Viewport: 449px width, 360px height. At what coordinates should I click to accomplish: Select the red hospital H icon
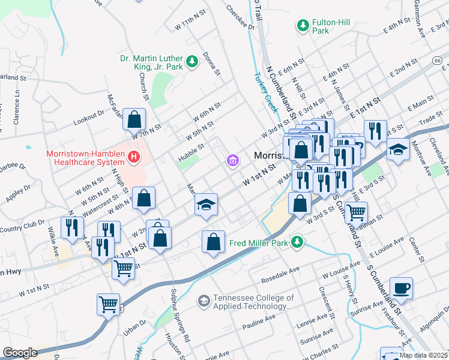[134, 158]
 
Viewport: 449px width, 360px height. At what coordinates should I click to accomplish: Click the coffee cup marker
[401, 288]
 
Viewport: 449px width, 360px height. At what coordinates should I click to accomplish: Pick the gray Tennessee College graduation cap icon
[204, 300]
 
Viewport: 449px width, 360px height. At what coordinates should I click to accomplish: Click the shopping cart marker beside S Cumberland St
[357, 211]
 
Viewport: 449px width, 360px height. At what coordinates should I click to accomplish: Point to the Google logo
[20, 352]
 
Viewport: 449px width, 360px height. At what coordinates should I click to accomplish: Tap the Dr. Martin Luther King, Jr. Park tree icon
[192, 61]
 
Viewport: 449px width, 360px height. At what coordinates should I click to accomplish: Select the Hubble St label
[193, 146]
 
